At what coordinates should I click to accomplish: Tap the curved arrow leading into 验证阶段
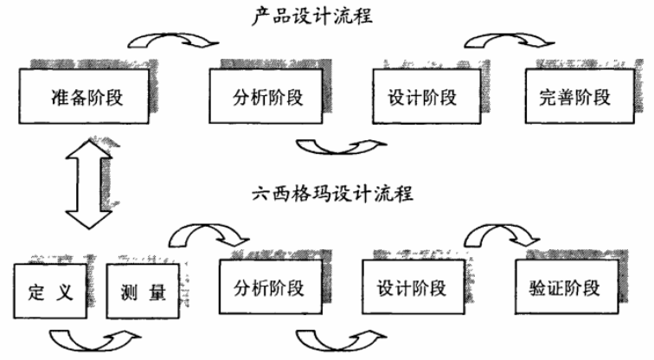click(501, 233)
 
